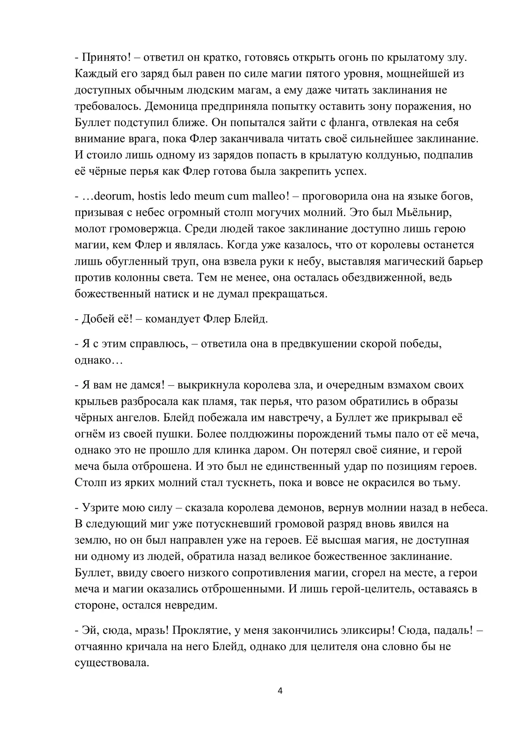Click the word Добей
point(96,319)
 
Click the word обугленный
point(142,261)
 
